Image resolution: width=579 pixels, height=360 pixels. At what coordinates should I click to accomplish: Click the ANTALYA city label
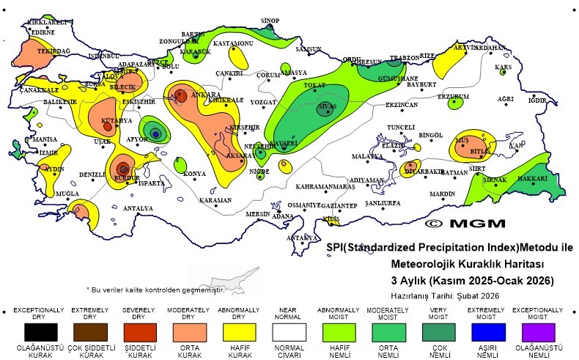click(x=138, y=208)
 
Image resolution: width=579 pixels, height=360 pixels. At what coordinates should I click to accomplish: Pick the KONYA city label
click(x=194, y=173)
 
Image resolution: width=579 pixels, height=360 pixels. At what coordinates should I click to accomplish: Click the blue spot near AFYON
click(x=155, y=133)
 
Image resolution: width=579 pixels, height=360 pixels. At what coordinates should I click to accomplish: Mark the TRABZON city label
click(x=404, y=57)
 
